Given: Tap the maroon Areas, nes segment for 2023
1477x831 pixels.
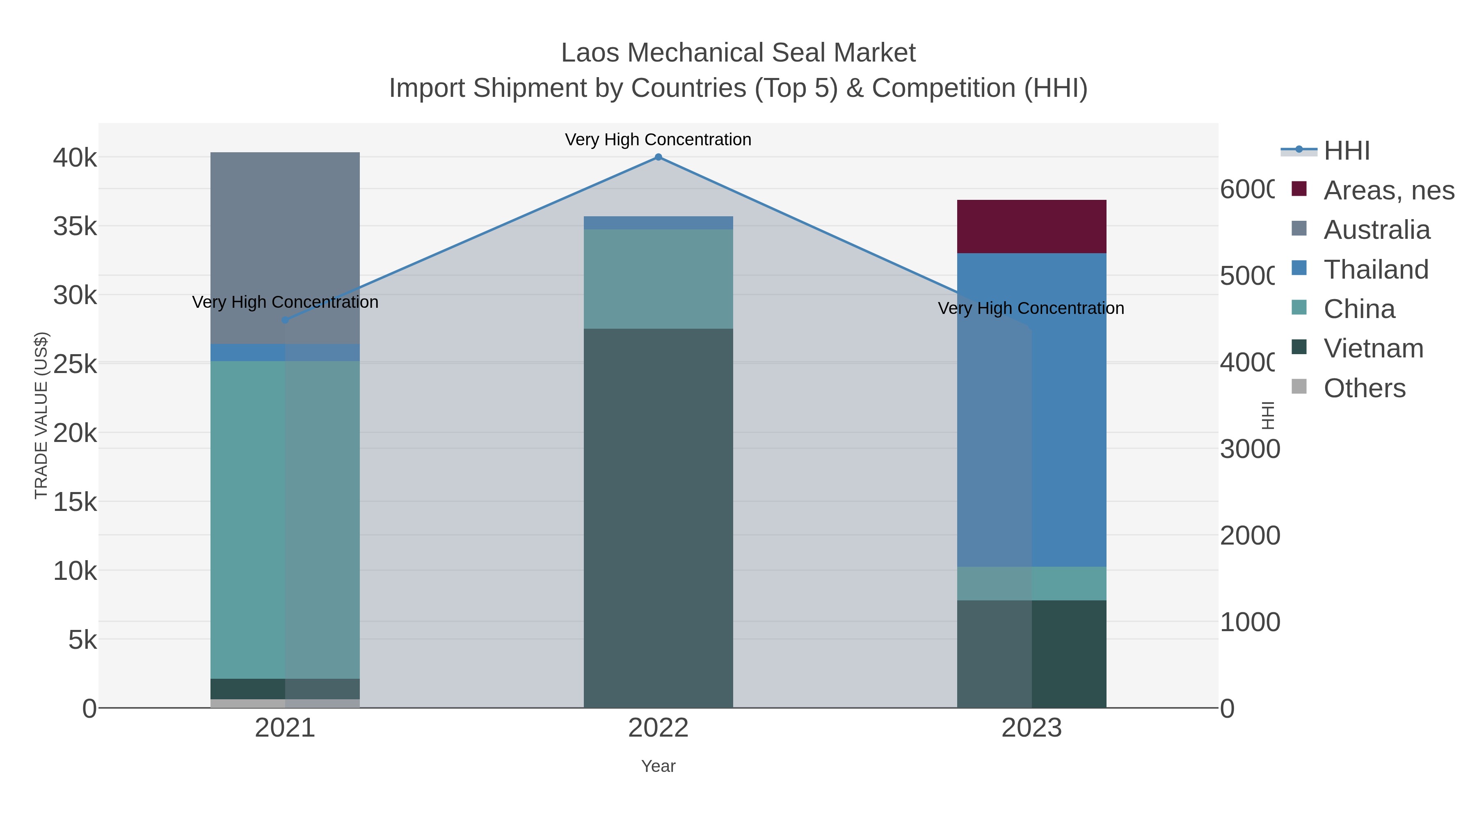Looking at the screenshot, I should (x=1031, y=227).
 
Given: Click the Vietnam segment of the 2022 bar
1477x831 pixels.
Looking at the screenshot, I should (x=658, y=516).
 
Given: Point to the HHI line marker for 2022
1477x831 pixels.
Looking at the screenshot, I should (x=658, y=157).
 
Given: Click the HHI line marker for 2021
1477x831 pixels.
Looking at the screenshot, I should (x=285, y=320).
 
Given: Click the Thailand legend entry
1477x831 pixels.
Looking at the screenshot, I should (x=1376, y=270).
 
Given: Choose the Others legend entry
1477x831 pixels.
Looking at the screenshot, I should (x=1364, y=388).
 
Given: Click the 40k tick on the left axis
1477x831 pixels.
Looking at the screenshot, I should (x=75, y=158).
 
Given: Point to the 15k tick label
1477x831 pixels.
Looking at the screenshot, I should (x=75, y=502).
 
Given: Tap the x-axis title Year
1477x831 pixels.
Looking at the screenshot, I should (x=658, y=766).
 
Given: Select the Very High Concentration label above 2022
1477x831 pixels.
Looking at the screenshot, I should (x=658, y=140).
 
